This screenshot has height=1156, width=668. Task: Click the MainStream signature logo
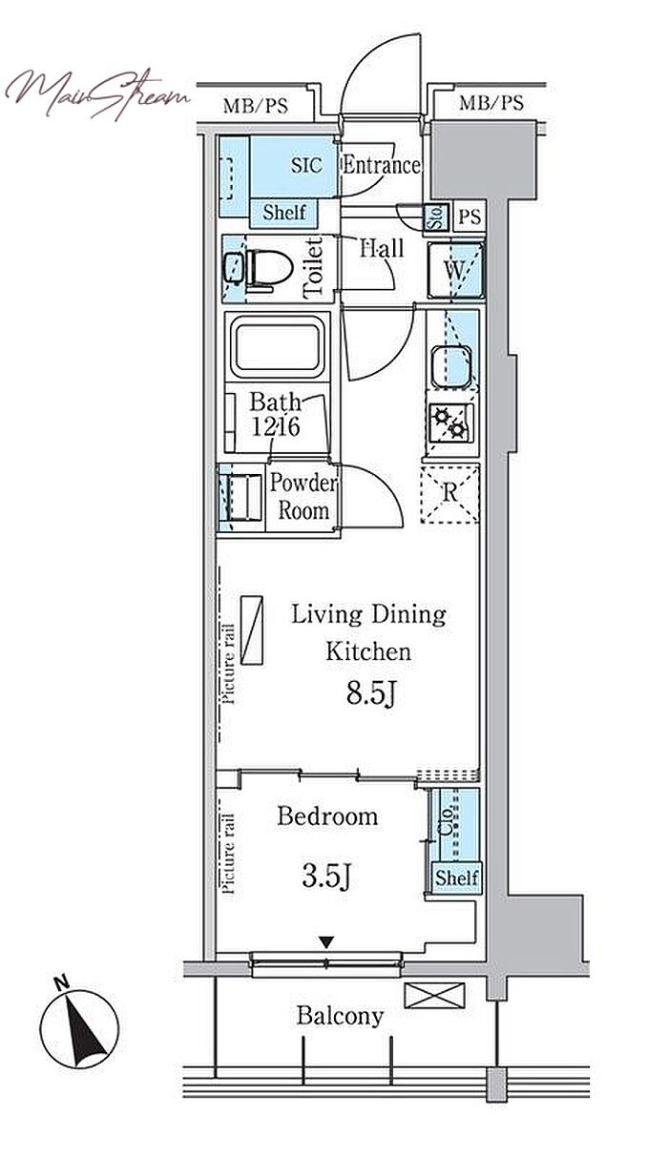coord(97,94)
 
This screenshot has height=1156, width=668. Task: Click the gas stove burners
coord(450,423)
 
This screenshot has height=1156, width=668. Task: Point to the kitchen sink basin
coord(451,366)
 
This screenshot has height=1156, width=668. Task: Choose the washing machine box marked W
coord(456,270)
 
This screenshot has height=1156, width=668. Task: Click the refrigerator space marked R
coord(450,494)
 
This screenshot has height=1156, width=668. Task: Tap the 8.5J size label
coord(371,693)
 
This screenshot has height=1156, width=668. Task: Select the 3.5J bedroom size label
coord(326,876)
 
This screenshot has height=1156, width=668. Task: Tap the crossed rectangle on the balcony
coord(434,995)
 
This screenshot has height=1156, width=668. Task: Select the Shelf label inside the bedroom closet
coord(456,877)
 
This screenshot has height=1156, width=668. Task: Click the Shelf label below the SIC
coord(284,212)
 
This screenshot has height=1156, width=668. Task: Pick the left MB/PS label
coord(255,106)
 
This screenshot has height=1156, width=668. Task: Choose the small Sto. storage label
coord(435,217)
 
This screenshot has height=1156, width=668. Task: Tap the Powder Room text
coord(303,497)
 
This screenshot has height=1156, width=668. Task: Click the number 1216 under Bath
coord(276,426)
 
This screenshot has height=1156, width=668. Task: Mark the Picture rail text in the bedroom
coord(228,854)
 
